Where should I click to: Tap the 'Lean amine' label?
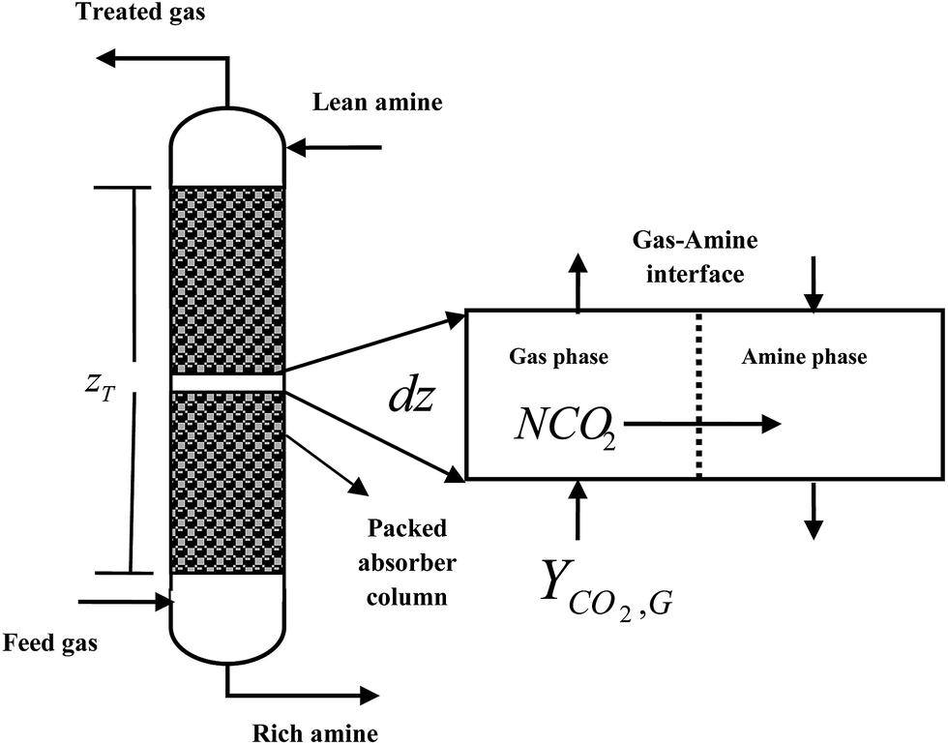pyautogui.click(x=378, y=101)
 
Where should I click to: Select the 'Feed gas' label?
pyautogui.click(x=50, y=642)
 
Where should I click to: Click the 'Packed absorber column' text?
pyautogui.click(x=406, y=562)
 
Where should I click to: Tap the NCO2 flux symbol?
pyautogui.click(x=563, y=423)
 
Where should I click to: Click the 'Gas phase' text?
pyautogui.click(x=558, y=357)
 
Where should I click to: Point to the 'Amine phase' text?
pyautogui.click(x=804, y=357)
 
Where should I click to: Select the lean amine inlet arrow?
pyautogui.click(x=334, y=148)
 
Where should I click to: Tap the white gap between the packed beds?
pyautogui.click(x=227, y=383)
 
